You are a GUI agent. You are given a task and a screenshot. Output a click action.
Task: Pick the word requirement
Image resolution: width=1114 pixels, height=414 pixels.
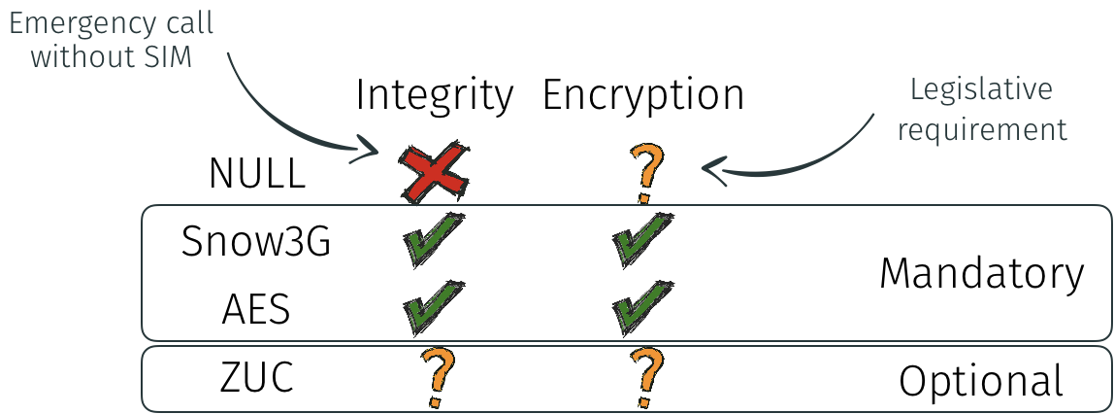point(982,128)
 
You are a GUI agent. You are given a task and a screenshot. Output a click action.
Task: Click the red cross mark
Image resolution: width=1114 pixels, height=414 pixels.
point(435,174)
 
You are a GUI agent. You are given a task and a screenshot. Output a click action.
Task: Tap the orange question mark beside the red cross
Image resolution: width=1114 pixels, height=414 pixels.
point(647,173)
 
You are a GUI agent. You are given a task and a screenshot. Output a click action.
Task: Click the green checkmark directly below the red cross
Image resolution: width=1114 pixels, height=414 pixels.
point(433,237)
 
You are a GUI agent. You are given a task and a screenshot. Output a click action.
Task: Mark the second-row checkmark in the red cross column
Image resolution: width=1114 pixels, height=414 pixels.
point(433,306)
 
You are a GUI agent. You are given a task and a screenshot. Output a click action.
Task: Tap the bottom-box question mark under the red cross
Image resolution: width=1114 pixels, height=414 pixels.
point(438,378)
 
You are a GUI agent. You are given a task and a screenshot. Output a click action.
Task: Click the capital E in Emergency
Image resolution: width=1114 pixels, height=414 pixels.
point(17,22)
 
